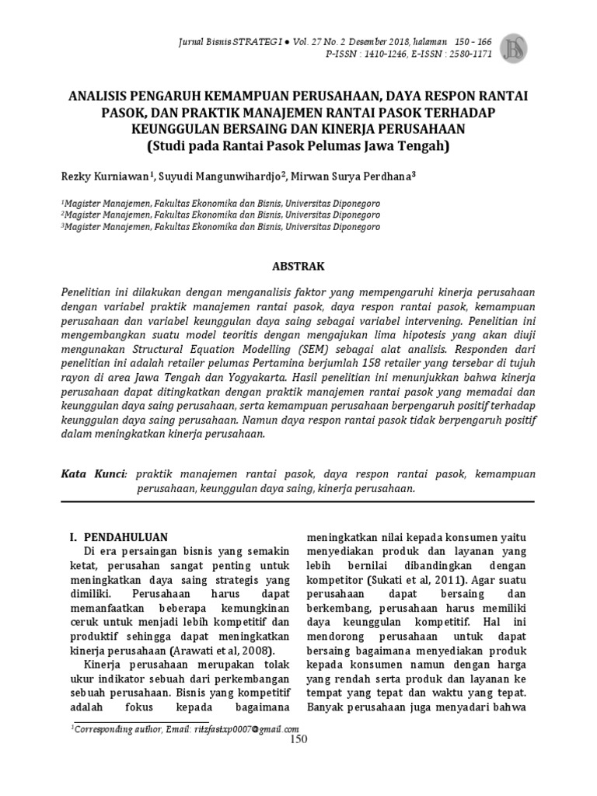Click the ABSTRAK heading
[x=298, y=266]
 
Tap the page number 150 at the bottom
[x=298, y=739]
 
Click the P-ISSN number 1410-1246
[x=391, y=54]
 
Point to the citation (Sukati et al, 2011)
[x=420, y=580]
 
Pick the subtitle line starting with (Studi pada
[x=298, y=145]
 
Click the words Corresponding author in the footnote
[x=110, y=728]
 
